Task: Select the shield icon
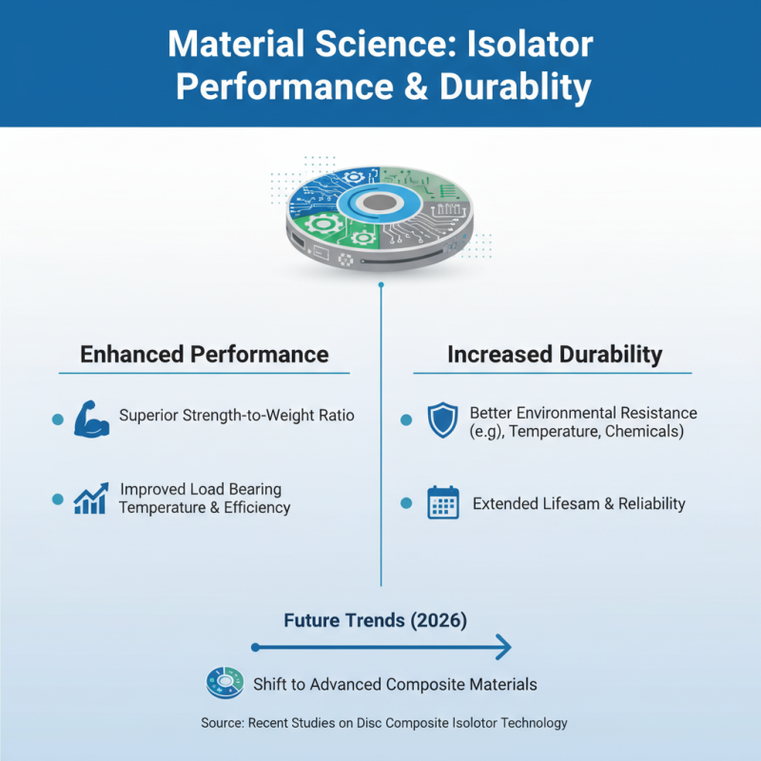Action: [442, 420]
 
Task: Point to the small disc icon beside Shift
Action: [224, 683]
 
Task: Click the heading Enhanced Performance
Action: [205, 355]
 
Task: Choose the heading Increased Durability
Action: [555, 355]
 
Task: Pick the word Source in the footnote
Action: [222, 723]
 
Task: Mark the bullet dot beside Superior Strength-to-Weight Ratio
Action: [57, 420]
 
